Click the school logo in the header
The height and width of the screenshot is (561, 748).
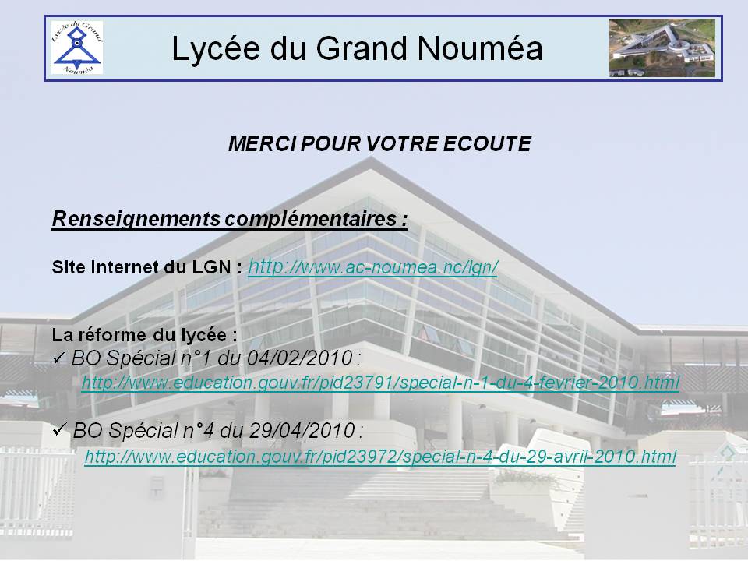[77, 48]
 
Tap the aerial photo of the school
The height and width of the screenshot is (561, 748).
[662, 48]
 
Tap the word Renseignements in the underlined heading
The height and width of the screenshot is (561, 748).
[136, 220]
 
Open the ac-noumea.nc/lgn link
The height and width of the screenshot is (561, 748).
[373, 267]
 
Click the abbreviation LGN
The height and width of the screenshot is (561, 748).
[211, 267]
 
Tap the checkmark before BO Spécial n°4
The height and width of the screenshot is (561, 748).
[59, 429]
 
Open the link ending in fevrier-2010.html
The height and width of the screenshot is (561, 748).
[380, 383]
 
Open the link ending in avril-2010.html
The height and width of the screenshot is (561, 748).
[380, 457]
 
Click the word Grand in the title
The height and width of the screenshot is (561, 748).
[362, 48]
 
